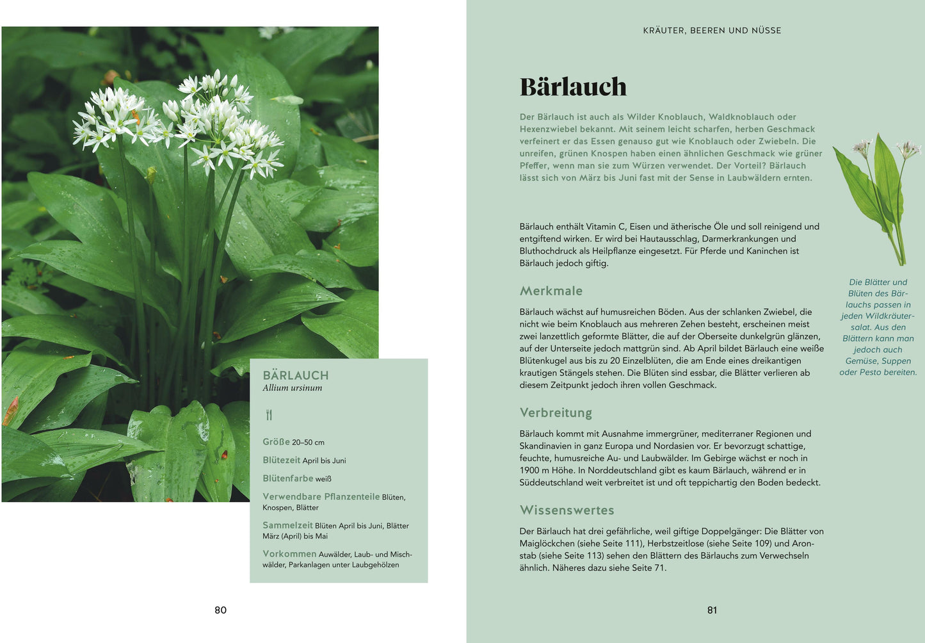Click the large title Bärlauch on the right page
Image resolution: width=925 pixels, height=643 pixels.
click(573, 87)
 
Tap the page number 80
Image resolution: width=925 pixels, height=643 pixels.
click(220, 610)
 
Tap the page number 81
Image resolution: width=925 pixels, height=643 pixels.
click(712, 610)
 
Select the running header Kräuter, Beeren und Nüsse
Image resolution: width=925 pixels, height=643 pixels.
click(712, 30)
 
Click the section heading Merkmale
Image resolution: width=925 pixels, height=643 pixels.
click(551, 291)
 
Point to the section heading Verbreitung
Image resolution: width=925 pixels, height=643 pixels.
click(556, 412)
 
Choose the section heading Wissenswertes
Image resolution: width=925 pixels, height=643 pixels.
click(567, 510)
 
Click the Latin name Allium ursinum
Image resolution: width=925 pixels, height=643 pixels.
click(293, 388)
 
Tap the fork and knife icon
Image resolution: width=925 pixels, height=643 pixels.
click(269, 415)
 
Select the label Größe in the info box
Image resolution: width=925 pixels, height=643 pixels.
click(276, 442)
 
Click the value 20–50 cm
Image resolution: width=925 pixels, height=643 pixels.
click(309, 443)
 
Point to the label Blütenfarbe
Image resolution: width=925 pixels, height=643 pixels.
click(287, 478)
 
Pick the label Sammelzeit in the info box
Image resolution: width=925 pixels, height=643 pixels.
click(287, 525)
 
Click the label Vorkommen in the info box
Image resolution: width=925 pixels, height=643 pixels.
click(289, 554)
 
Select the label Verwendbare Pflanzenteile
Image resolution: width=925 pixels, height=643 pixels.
click(321, 496)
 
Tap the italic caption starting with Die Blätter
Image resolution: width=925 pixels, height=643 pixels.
click(878, 327)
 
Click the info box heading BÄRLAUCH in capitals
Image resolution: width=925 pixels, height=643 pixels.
click(296, 375)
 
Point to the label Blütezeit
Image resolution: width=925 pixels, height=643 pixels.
click(281, 460)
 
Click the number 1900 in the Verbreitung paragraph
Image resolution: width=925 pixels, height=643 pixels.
click(530, 471)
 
